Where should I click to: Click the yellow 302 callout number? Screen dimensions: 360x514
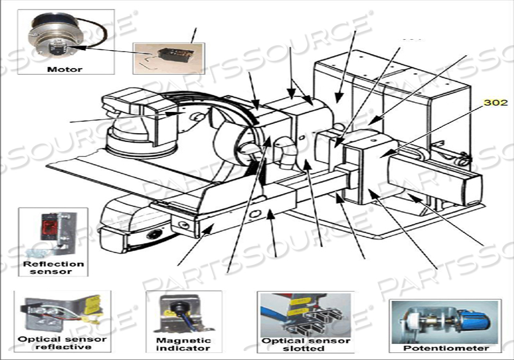495,102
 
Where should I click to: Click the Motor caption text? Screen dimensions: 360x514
65,69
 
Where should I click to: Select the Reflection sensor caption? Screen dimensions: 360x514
53,267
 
